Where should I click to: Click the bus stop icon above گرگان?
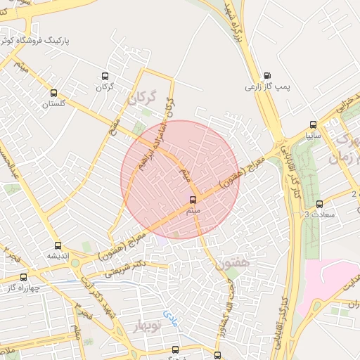pyautogui.click(x=105, y=77)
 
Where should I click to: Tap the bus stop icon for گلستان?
pyautogui.click(x=54, y=93)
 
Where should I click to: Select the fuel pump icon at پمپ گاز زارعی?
pyautogui.click(x=266, y=76)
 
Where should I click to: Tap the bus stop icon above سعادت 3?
pyautogui.click(x=319, y=204)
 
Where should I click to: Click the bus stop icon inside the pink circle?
pyautogui.click(x=193, y=200)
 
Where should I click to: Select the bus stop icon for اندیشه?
pyautogui.click(x=58, y=246)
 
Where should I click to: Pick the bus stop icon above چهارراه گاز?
pyautogui.click(x=23, y=277)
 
